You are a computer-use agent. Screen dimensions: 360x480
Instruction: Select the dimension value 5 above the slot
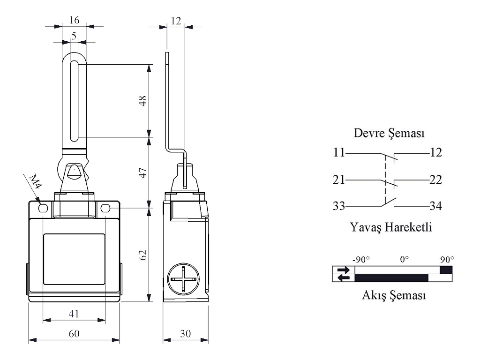point(75,35)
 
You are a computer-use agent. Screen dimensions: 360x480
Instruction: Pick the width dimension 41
point(74,314)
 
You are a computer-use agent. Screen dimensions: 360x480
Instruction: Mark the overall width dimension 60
point(75,333)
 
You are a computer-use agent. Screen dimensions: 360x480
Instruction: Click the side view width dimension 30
point(186,333)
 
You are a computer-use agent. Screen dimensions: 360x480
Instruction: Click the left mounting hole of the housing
point(43,208)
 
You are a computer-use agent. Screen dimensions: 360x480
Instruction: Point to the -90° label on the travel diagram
point(360,259)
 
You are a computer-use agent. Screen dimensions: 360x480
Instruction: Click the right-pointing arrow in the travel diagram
point(344,270)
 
